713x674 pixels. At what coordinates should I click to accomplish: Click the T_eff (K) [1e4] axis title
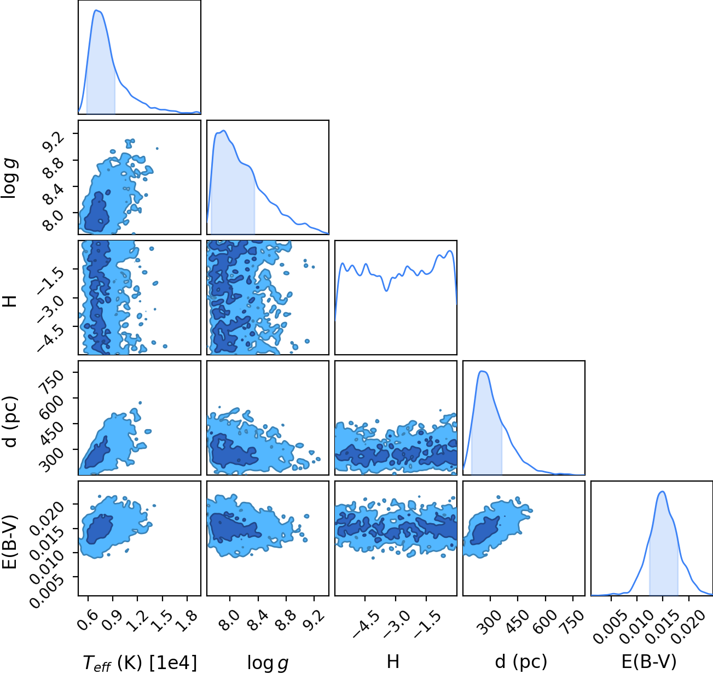[x=140, y=662]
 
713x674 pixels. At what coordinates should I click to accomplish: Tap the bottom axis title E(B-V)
[x=649, y=661]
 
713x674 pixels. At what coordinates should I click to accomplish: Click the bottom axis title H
[x=393, y=661]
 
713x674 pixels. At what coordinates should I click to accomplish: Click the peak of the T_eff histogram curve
[x=96, y=10]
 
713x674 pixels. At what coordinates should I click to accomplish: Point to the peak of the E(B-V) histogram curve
[x=663, y=491]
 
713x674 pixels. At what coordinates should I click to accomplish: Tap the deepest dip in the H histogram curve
[x=387, y=291]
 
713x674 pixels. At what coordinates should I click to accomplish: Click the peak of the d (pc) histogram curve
[x=482, y=371]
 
